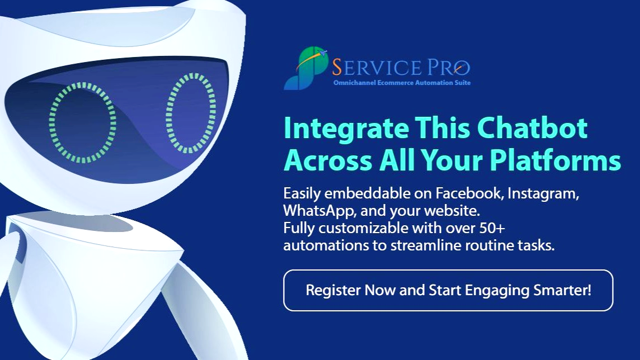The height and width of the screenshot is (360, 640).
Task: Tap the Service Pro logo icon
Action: [306, 68]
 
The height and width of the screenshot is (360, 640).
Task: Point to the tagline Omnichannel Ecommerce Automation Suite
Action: [402, 83]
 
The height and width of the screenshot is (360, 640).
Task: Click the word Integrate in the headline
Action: [346, 129]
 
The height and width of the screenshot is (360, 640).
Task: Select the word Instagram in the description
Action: [543, 193]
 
